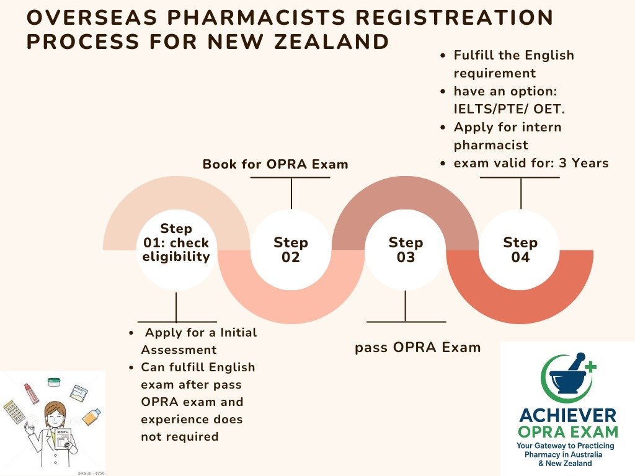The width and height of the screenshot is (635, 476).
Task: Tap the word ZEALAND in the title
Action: pos(328,42)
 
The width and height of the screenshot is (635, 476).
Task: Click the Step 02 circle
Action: pos(291,250)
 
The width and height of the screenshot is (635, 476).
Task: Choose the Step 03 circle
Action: pos(406,250)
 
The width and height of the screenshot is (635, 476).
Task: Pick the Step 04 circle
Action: pos(520,250)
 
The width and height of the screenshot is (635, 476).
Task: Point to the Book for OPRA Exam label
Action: pos(275,164)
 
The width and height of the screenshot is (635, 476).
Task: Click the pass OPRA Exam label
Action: pos(417,347)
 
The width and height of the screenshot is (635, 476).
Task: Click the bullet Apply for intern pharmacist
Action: pos(507,136)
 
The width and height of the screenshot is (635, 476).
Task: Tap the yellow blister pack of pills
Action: pos(14,412)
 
